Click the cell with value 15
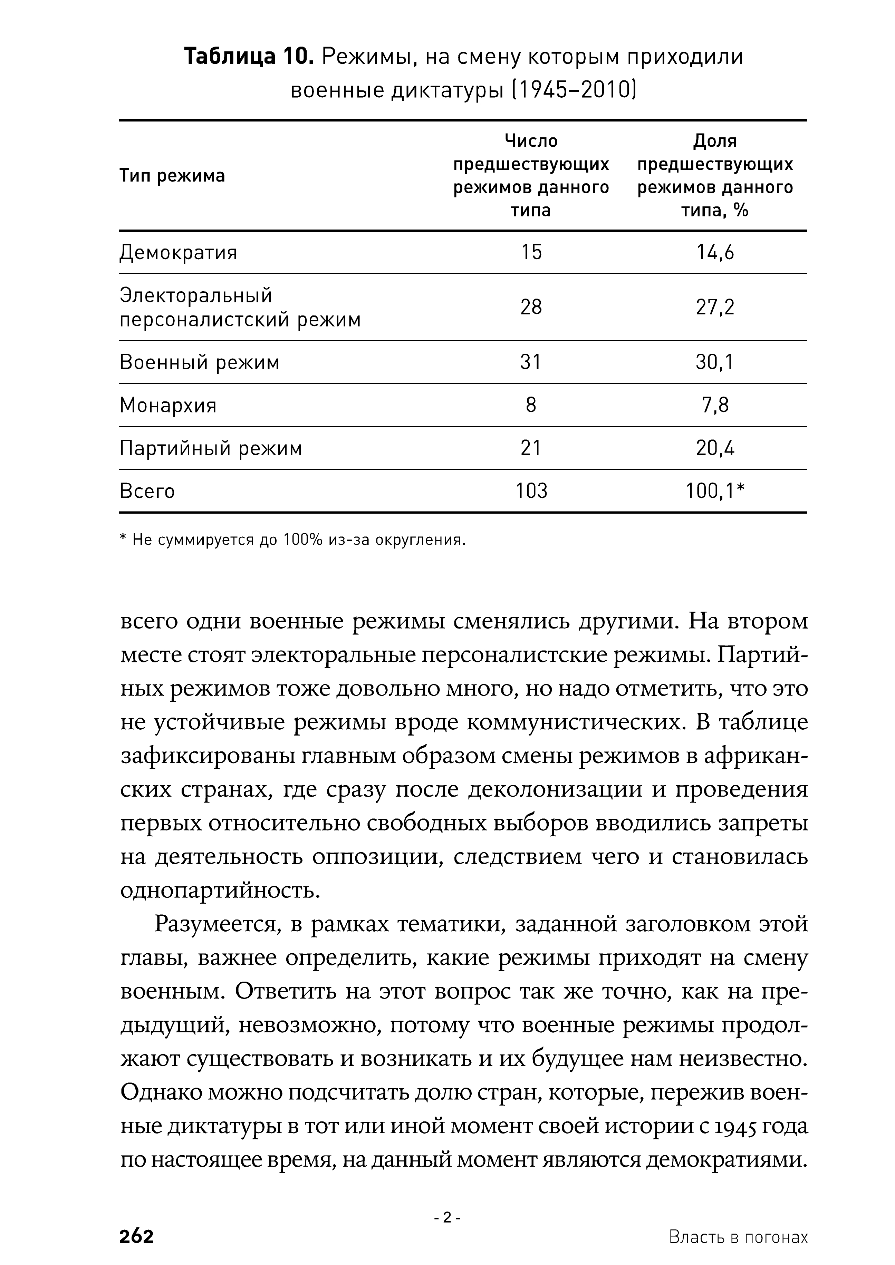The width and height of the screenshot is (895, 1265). [x=531, y=252]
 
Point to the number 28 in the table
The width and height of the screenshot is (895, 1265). [x=531, y=307]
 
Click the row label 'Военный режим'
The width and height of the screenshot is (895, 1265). [x=200, y=362]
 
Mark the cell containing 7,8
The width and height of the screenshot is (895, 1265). [x=715, y=406]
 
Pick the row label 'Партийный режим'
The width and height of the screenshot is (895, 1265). [x=211, y=448]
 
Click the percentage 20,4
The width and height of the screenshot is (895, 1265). [x=715, y=448]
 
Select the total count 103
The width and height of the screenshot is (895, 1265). [x=531, y=491]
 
